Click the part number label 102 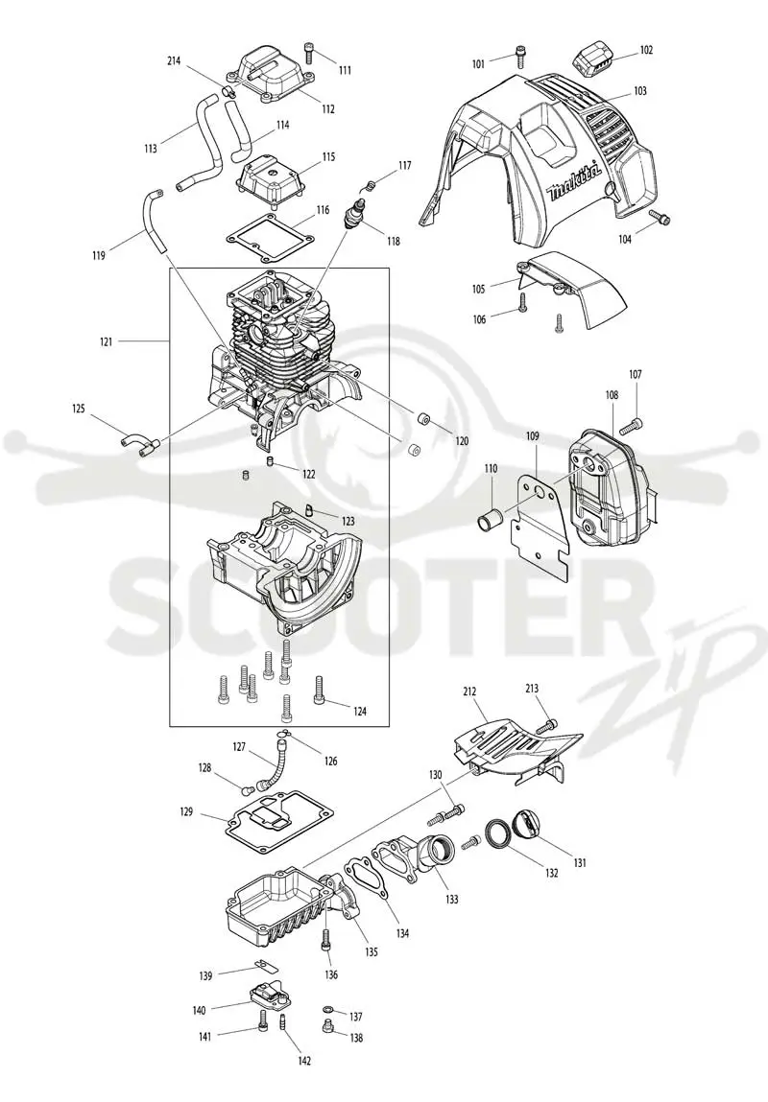pos(646,50)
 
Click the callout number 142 pos(303,1061)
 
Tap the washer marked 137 pos(328,1009)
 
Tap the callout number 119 pos(99,256)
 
